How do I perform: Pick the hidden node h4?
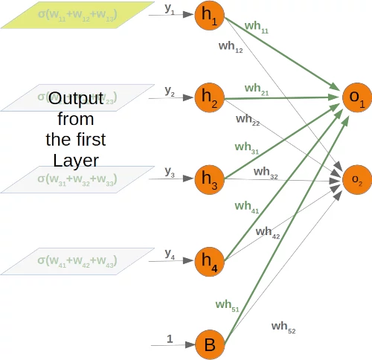(210, 260)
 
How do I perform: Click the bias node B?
(210, 344)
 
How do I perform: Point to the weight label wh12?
(231, 47)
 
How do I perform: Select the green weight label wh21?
(257, 89)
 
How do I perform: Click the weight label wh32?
(266, 173)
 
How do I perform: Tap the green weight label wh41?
(247, 207)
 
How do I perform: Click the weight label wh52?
(283, 327)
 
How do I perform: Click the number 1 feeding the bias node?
(170, 338)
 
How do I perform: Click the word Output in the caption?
(75, 99)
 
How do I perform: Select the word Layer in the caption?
(75, 159)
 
